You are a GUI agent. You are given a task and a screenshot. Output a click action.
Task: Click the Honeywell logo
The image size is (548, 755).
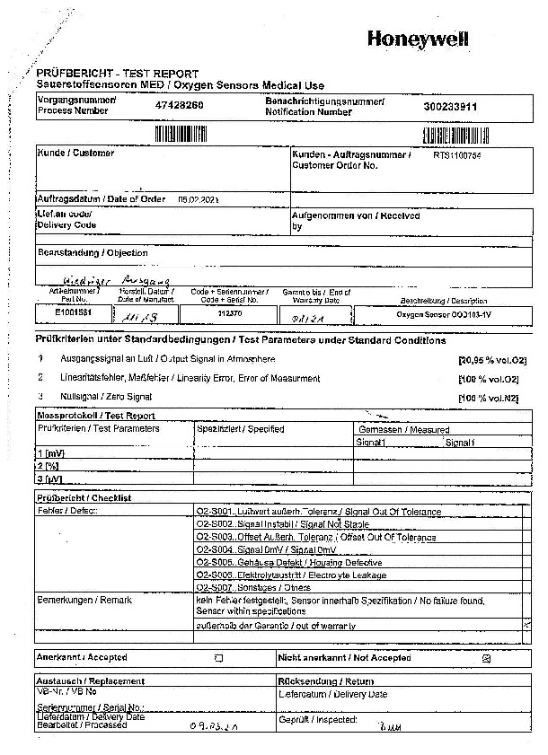418,39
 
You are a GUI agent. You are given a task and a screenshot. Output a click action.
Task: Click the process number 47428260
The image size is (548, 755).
180,106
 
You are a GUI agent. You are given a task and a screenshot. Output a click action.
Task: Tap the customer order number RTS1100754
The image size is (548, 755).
456,154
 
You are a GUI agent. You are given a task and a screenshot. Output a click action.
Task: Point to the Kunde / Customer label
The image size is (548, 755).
75,154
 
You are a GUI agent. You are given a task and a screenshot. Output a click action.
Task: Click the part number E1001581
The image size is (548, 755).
73,312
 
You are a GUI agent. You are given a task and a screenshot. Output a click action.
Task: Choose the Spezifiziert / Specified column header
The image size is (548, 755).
241,429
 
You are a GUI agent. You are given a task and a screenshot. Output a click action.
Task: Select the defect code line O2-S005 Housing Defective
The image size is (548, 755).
289,562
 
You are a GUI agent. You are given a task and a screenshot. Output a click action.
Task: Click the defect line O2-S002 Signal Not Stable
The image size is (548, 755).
282,523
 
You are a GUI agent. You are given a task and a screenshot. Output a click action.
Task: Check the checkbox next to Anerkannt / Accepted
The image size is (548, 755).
218,658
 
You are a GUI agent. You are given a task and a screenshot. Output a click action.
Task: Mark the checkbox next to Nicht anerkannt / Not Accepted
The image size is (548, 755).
486,658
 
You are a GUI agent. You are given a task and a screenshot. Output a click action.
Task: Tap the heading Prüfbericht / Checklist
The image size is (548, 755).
84,497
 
